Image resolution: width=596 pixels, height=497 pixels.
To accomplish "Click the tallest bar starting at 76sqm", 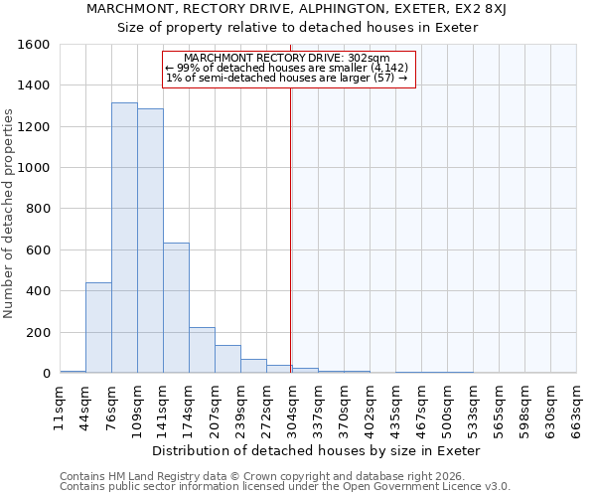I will [x=124, y=239].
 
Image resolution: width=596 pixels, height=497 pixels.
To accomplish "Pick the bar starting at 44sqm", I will [x=98, y=328].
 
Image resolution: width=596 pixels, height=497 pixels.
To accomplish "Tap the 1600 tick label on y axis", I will [x=34, y=45].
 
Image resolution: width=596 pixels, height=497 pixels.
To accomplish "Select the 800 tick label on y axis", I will [x=38, y=210].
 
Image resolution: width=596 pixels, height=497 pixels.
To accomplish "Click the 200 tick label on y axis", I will [x=38, y=333].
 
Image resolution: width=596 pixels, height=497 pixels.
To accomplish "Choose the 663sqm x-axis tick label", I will [x=576, y=407].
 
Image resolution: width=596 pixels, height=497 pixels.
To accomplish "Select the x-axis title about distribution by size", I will [x=318, y=450].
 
